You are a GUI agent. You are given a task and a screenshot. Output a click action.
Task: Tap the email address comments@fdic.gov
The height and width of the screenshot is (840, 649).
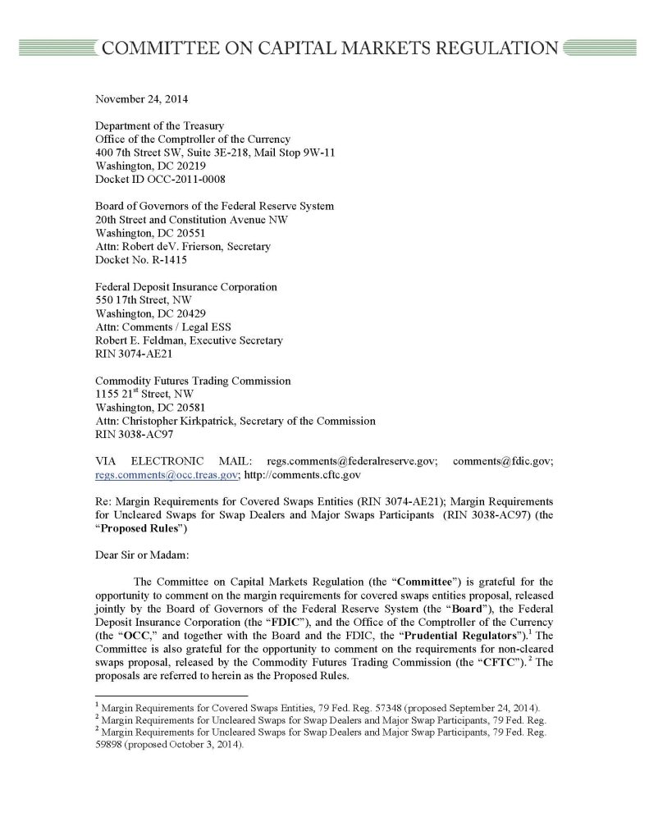pos(502,461)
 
